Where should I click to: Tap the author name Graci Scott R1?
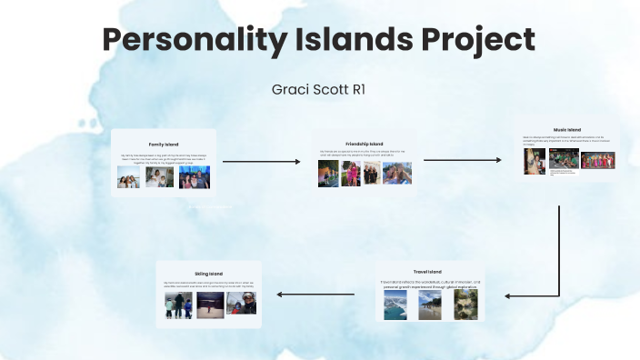pyautogui.click(x=319, y=90)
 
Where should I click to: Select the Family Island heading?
pyautogui.click(x=164, y=145)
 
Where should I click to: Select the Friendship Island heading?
pyautogui.click(x=364, y=144)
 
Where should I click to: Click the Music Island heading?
pyautogui.click(x=566, y=130)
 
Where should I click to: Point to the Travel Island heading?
pyautogui.click(x=427, y=272)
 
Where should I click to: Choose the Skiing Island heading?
pyautogui.click(x=208, y=273)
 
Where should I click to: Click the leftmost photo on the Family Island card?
pyautogui.click(x=128, y=176)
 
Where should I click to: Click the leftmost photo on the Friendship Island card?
pyautogui.click(x=328, y=174)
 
